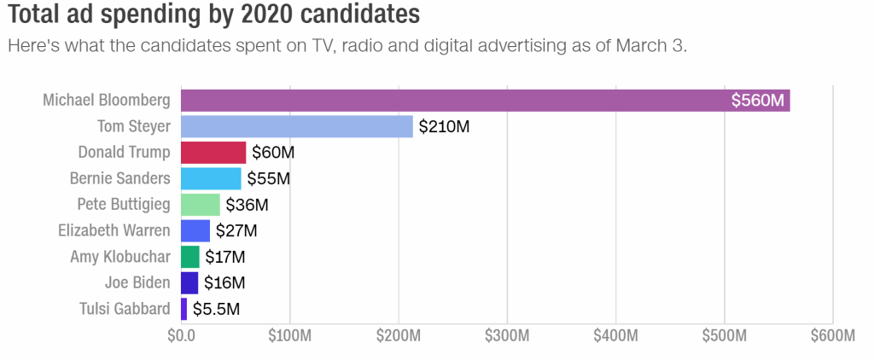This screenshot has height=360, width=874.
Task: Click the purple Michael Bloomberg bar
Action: (452, 101)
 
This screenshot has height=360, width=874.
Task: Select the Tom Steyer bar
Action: (296, 127)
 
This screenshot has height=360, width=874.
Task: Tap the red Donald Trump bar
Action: (213, 153)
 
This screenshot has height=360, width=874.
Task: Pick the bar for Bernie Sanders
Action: (211, 178)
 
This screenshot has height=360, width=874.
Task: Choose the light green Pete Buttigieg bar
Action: (201, 205)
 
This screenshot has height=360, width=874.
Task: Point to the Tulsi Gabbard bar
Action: (184, 309)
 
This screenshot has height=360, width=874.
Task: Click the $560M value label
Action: (757, 101)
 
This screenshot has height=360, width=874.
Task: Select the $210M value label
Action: (444, 127)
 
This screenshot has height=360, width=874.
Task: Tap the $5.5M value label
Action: (216, 309)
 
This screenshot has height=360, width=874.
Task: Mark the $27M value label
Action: (236, 230)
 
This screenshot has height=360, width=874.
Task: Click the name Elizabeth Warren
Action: (114, 230)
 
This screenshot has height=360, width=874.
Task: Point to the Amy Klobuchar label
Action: (120, 257)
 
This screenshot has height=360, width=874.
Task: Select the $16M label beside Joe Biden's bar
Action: (225, 282)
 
